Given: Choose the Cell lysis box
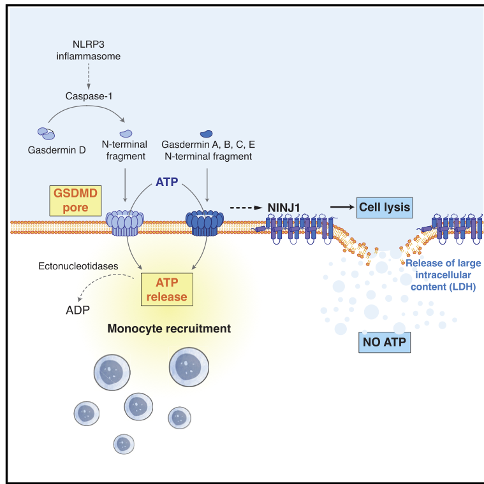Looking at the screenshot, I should pos(383,208).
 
